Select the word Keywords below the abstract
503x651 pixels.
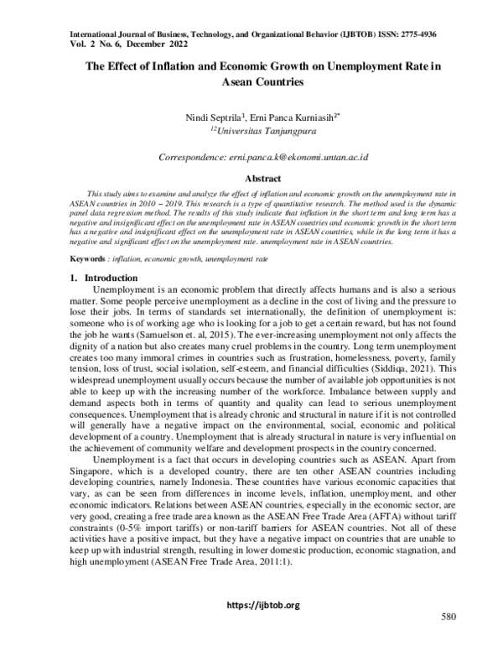click(84, 237)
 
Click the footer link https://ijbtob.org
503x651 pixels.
click(251, 606)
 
